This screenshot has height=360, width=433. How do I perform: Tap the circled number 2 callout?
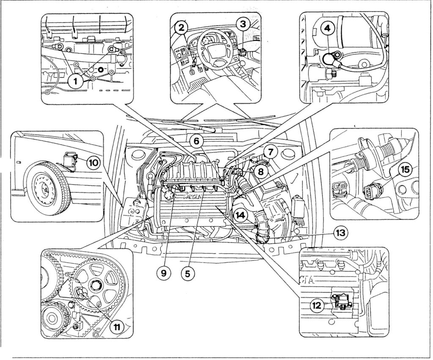click(x=181, y=28)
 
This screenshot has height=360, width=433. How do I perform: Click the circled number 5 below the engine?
click(x=187, y=273)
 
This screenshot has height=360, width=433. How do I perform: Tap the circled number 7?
click(x=271, y=150)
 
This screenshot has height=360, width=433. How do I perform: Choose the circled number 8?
click(x=261, y=171)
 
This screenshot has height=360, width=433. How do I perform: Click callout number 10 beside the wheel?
click(x=93, y=161)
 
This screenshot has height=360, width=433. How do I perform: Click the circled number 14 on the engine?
click(x=240, y=215)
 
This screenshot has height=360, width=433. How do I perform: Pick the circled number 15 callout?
click(x=405, y=169)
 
